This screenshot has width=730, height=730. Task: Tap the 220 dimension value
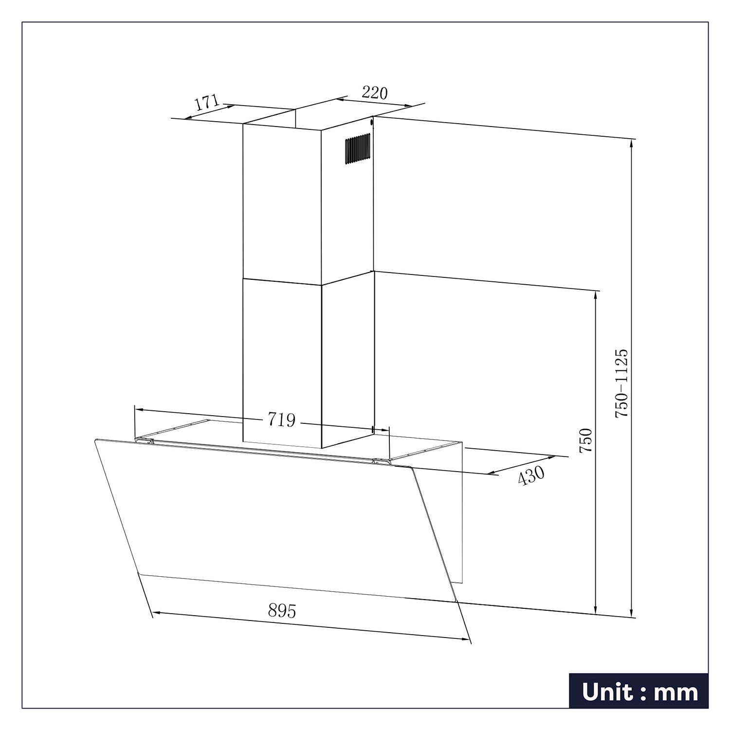(374, 92)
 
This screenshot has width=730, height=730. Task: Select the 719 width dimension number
(281, 420)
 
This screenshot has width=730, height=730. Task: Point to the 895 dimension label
(282, 610)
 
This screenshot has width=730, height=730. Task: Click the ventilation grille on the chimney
(357, 149)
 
